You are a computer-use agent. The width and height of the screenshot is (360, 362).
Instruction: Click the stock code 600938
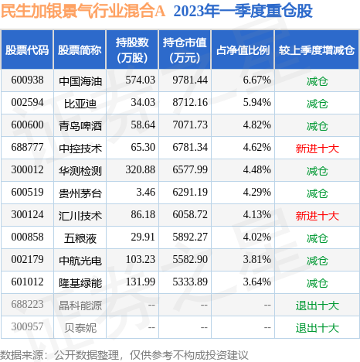coord(27,80)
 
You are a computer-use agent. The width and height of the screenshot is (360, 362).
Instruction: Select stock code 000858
coord(27,238)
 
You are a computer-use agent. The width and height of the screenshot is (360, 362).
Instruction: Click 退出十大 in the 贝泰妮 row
coord(318,329)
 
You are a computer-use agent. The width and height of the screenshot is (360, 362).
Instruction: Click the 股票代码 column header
coord(27,50)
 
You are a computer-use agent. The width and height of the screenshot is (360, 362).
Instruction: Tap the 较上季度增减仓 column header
coord(318,50)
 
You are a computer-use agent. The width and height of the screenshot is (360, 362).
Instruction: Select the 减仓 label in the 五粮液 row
coord(318,238)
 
